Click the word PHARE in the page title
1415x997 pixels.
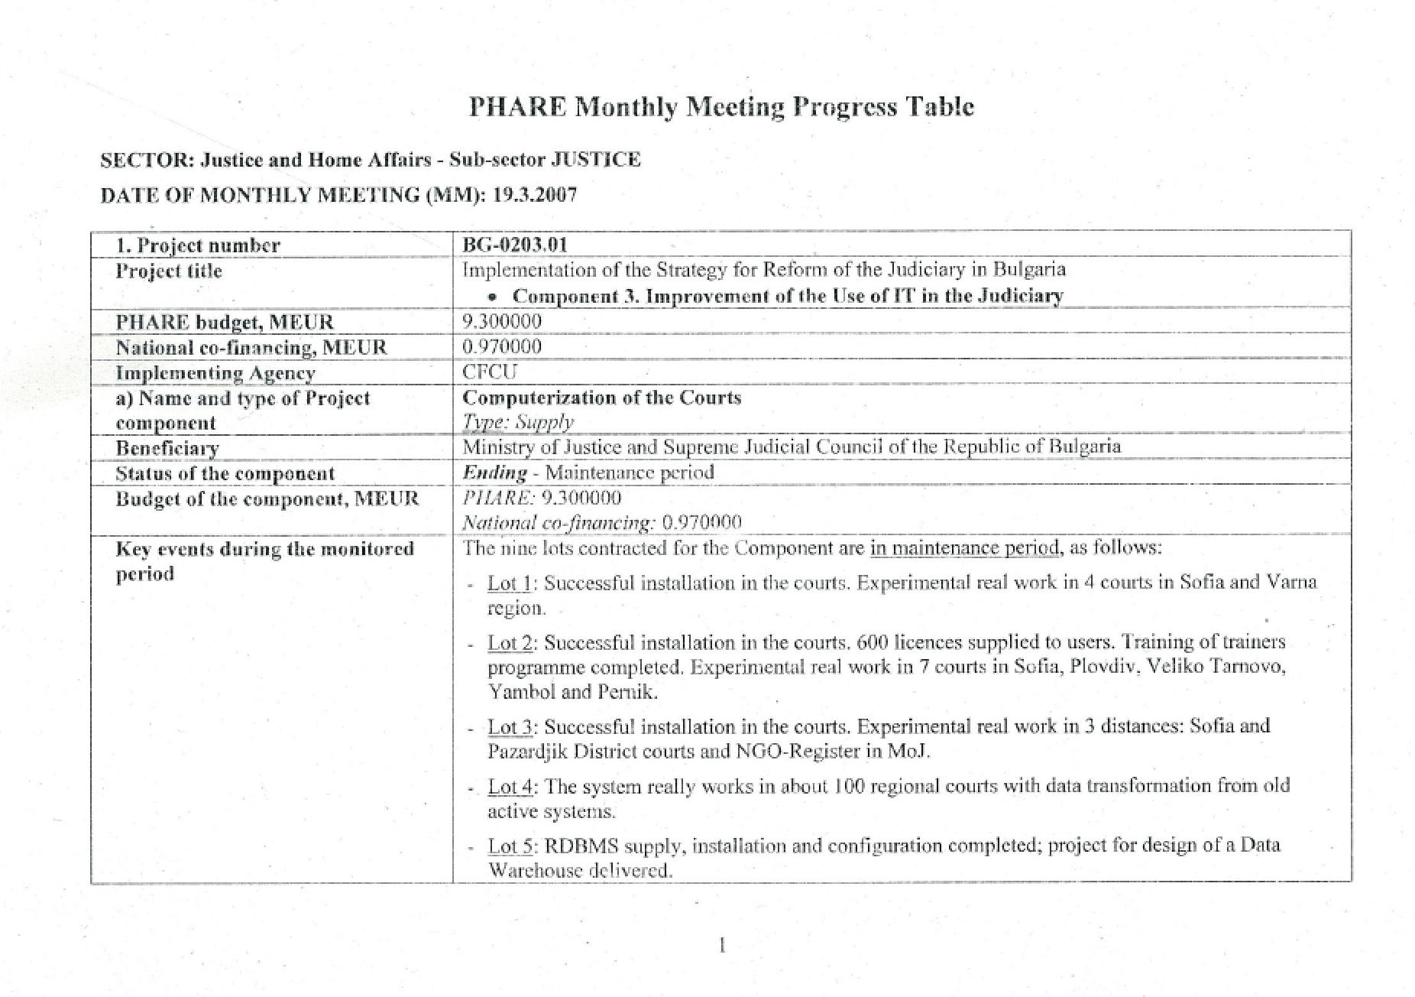point(516,106)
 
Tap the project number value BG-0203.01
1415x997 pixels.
point(515,245)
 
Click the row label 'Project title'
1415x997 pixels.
point(169,271)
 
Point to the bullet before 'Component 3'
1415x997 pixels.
point(497,297)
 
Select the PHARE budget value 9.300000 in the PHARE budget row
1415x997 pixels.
point(502,321)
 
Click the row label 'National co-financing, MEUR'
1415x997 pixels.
point(251,348)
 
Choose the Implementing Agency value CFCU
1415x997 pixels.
point(490,372)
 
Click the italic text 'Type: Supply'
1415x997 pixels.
point(518,422)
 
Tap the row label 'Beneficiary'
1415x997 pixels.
point(167,448)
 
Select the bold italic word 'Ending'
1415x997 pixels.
point(495,473)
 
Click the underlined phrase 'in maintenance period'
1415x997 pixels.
point(965,547)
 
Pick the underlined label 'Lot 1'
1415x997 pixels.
point(509,583)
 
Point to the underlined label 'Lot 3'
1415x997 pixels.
point(510,726)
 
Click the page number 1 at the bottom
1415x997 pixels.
point(722,946)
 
